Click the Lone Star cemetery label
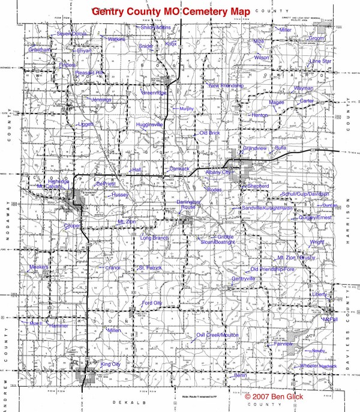320,61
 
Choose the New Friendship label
226,86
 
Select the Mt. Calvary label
49,186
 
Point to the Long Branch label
154,238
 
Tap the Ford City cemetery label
152,302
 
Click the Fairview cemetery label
283,344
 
